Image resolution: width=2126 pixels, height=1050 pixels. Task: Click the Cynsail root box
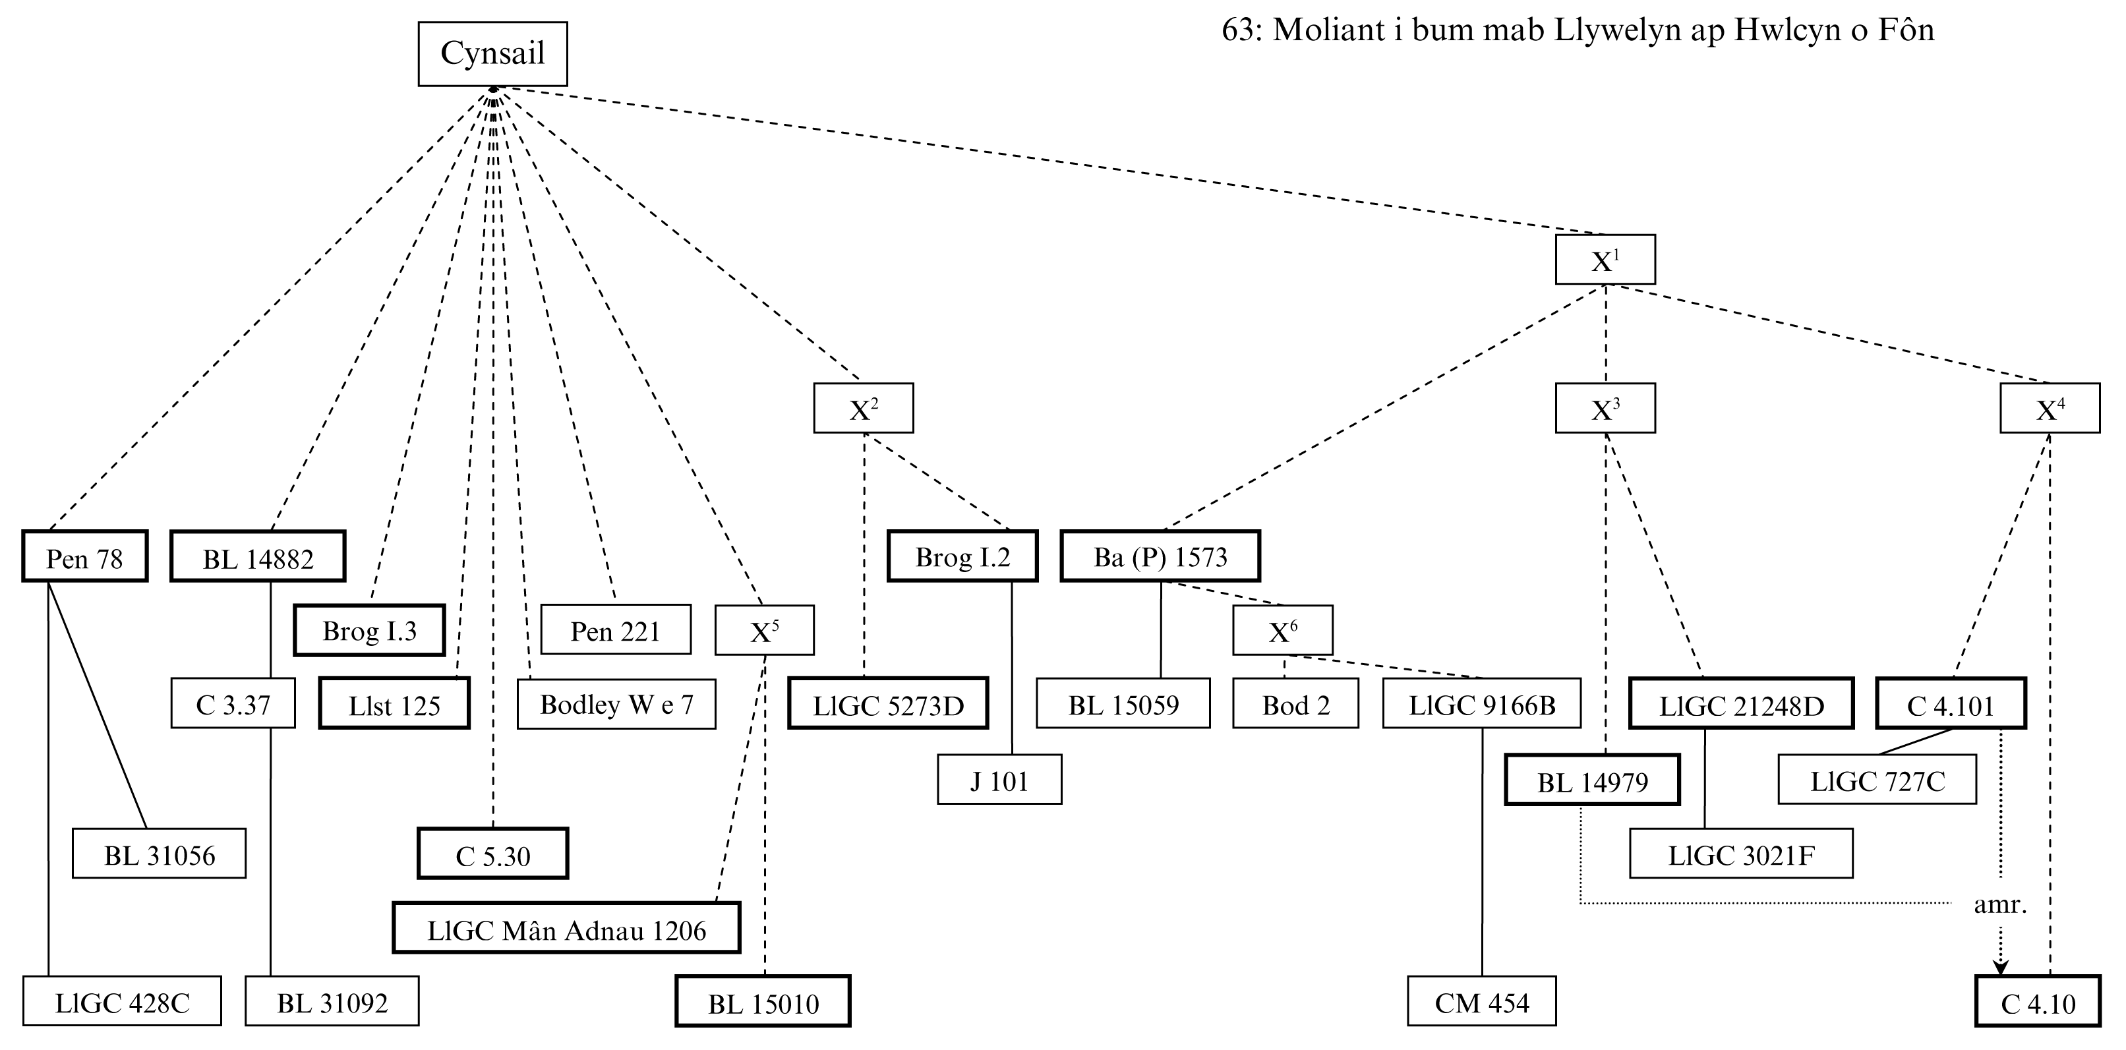(492, 53)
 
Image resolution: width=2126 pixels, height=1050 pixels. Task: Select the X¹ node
(1605, 260)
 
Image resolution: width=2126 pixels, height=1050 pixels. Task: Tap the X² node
(864, 408)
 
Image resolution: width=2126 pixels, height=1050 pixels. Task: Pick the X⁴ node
(2050, 408)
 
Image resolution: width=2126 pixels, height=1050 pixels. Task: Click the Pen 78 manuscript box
(84, 557)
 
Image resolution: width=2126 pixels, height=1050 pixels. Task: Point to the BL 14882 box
(258, 557)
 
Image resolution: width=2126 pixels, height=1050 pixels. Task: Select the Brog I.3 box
(369, 631)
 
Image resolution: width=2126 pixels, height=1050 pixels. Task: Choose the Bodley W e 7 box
(616, 704)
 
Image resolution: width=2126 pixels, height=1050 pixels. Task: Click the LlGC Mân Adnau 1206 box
(566, 929)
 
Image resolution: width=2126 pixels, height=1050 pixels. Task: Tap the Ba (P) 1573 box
(1160, 557)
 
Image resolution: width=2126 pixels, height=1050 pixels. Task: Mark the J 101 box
(999, 779)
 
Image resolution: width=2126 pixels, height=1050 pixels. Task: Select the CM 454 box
(1481, 1002)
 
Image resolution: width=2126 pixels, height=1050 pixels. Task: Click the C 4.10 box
(2038, 1002)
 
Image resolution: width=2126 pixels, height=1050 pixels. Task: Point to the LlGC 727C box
(1877, 779)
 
